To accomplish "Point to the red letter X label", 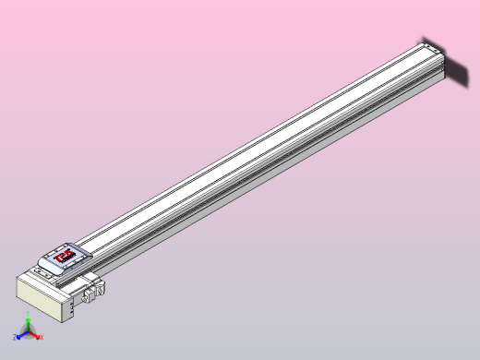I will (42, 338).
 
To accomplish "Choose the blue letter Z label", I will (15, 339).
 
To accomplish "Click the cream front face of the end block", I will (37, 299).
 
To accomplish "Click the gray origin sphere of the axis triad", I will (28, 333).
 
